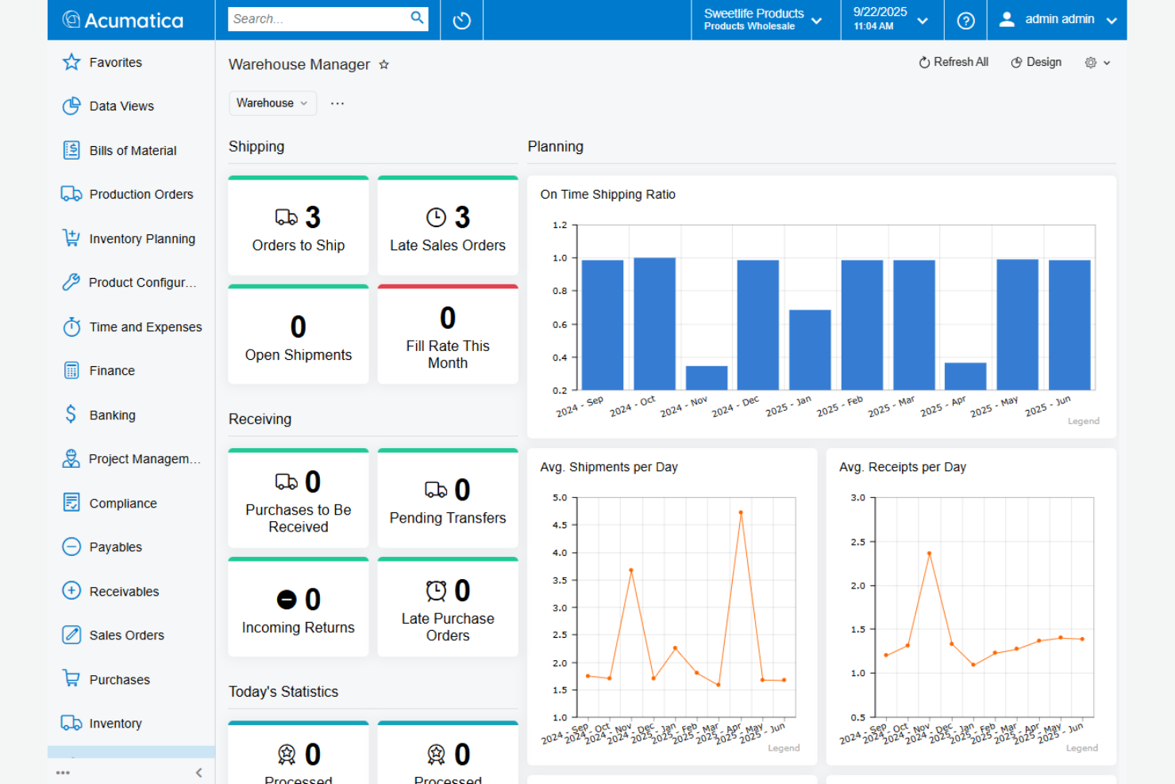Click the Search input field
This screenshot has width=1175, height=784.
click(x=318, y=19)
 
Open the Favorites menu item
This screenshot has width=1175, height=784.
click(x=115, y=63)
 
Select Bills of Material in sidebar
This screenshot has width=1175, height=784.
click(x=133, y=151)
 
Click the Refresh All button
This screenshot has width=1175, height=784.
click(x=953, y=63)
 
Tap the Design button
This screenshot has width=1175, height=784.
click(x=1036, y=63)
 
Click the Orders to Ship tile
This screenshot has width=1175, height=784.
click(x=299, y=227)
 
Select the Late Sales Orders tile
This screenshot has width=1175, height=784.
click(x=448, y=227)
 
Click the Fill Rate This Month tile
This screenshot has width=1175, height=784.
click(x=448, y=336)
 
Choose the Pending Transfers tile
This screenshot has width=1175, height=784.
click(x=448, y=500)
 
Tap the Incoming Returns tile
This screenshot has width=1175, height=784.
click(x=299, y=608)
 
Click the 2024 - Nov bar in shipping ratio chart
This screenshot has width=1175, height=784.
click(x=707, y=378)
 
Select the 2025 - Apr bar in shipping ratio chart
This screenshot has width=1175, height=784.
click(x=965, y=377)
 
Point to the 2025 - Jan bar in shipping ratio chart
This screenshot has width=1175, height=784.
click(x=810, y=350)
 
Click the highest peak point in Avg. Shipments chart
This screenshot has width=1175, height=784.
click(x=741, y=513)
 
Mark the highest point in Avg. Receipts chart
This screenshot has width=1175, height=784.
click(x=929, y=554)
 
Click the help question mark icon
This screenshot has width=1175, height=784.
click(x=965, y=21)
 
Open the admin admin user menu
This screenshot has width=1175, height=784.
click(x=1057, y=20)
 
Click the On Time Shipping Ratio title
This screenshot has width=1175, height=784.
click(x=607, y=195)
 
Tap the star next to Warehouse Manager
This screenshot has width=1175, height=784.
click(x=384, y=65)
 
